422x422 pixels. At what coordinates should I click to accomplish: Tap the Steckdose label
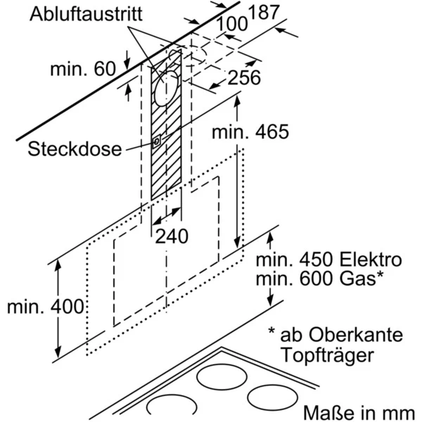pos(74,150)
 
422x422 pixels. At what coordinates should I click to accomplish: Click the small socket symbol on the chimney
pos(155,141)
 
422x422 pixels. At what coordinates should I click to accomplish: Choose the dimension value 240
pos(172,237)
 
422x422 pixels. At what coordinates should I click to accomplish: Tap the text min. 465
pos(250,132)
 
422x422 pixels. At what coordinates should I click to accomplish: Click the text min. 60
pos(82,68)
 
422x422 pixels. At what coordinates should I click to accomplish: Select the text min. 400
pos(44,307)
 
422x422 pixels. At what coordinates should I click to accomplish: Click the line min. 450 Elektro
pos(328,260)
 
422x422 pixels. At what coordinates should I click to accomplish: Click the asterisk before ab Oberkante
pos(271,331)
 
